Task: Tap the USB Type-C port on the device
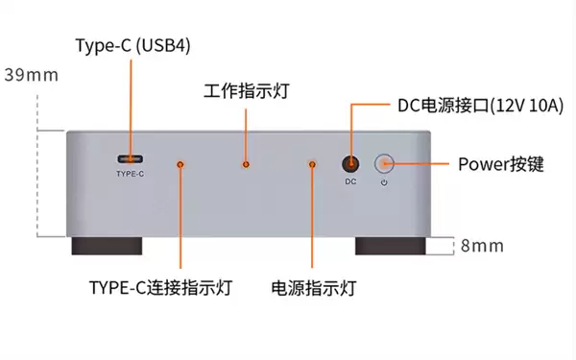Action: click(130, 158)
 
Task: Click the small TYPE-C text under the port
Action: click(130, 175)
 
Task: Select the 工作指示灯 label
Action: click(247, 92)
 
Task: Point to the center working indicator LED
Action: click(247, 165)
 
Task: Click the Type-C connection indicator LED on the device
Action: click(180, 165)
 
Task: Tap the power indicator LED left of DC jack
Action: click(312, 165)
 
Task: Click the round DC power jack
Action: click(351, 164)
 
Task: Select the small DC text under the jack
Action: click(351, 181)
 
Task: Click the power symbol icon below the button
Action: click(384, 181)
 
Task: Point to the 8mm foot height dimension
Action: click(481, 246)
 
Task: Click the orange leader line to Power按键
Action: click(422, 164)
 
